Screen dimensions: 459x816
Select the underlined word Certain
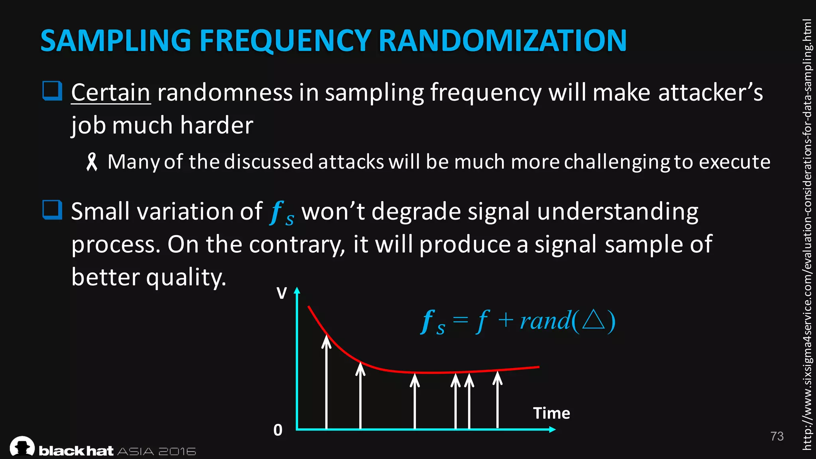coord(110,92)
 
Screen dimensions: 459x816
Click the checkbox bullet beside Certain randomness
coord(52,91)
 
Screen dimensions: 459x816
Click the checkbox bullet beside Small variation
coord(52,210)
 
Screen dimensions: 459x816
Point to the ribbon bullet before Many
coord(92,162)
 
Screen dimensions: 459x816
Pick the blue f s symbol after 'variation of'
coord(281,213)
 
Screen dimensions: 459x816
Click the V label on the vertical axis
coord(281,294)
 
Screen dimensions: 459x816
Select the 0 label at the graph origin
coord(278,430)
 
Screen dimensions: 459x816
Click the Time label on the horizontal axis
coord(551,413)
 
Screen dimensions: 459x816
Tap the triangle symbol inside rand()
coord(593,320)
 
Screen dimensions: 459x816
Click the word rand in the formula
coord(545,321)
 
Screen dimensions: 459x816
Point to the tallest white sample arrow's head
coord(326,341)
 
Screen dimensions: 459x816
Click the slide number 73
coord(777,436)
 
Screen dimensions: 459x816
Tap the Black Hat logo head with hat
coord(22,446)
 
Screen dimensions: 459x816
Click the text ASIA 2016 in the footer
coord(157,451)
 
